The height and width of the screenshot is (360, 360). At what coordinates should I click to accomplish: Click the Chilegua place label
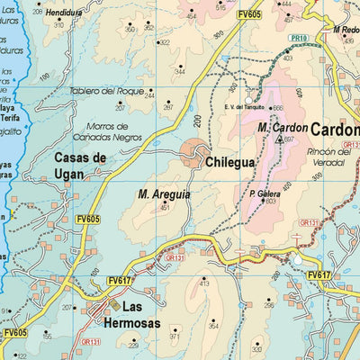tap(230, 164)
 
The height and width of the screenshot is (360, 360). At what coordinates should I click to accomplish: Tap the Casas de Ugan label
tap(80, 166)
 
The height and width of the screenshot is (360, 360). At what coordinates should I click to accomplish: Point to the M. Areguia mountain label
tap(164, 193)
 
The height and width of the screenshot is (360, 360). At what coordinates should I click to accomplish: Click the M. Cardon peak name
tap(283, 128)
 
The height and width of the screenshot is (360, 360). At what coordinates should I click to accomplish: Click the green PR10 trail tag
tap(299, 39)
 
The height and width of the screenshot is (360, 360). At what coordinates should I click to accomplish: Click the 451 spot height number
tap(165, 208)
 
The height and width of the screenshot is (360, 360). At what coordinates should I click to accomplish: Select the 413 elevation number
tap(203, 283)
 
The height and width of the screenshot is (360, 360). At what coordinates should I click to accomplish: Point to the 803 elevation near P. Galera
tap(270, 202)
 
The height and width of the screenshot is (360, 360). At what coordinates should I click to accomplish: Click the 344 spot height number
tap(179, 70)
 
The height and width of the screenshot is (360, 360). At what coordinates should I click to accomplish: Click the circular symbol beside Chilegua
tap(193, 153)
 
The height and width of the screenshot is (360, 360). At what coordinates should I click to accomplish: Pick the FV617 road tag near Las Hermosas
tap(120, 281)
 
